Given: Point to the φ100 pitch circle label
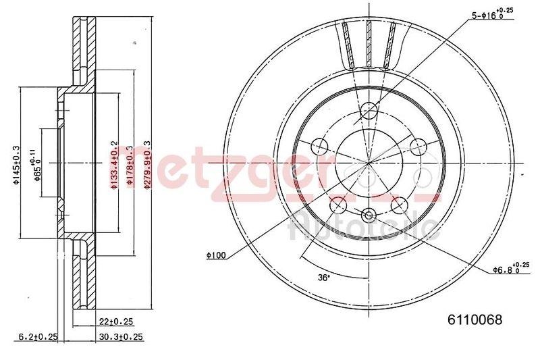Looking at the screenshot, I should (x=216, y=255).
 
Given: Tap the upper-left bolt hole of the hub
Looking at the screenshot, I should (x=319, y=145).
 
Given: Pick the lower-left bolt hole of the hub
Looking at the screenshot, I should (x=338, y=203).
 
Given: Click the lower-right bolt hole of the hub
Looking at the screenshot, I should (x=400, y=203).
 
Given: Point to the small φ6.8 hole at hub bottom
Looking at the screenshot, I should (x=369, y=216).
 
